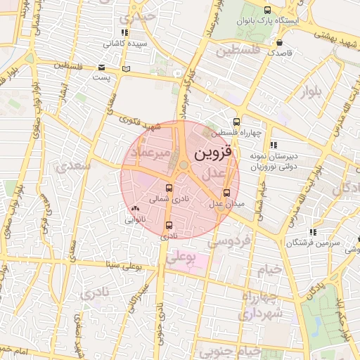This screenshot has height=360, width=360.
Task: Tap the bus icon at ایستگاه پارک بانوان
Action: pyautogui.click(x=267, y=10)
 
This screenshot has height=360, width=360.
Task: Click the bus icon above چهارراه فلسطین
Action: pyautogui.click(x=236, y=121)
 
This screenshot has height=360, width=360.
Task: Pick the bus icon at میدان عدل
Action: pyautogui.click(x=226, y=193)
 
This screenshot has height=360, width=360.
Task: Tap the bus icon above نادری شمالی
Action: pyautogui.click(x=168, y=188)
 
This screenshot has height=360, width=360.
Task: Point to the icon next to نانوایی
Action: pyautogui.click(x=134, y=209)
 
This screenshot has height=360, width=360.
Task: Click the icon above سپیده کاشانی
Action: pyautogui.click(x=124, y=32)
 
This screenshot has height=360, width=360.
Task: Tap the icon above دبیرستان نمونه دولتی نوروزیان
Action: pyautogui.click(x=274, y=144)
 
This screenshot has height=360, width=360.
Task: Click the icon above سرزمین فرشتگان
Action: pyautogui.click(x=312, y=232)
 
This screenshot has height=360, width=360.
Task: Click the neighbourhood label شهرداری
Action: pyautogui.click(x=260, y=312)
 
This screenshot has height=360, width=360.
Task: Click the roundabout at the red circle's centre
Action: pyautogui.click(x=184, y=166)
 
